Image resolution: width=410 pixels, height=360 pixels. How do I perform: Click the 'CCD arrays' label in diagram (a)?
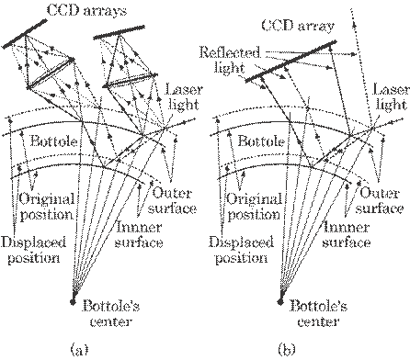[86, 10]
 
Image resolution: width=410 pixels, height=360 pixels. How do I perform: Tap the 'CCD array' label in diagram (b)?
[298, 26]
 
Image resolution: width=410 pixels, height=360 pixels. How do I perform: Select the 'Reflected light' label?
[230, 60]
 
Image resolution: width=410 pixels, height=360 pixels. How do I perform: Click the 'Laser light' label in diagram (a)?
[184, 96]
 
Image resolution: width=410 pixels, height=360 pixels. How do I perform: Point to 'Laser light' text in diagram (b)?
[391, 96]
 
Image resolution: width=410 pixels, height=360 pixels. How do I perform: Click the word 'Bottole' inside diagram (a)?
[54, 141]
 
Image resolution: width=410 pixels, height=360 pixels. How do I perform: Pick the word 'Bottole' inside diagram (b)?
[261, 141]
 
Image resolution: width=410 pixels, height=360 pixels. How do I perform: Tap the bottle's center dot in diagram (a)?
[73, 302]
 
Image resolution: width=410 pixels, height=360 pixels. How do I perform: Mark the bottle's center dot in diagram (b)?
[280, 302]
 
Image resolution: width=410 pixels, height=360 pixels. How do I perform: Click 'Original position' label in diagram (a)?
[47, 207]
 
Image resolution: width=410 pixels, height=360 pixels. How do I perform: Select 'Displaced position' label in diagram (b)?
[241, 250]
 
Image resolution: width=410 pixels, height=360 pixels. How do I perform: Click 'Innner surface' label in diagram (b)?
[347, 235]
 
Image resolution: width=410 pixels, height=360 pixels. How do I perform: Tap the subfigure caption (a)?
[80, 349]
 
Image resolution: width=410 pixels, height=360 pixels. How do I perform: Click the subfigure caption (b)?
[287, 349]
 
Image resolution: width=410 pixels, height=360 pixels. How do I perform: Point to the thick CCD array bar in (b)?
[291, 61]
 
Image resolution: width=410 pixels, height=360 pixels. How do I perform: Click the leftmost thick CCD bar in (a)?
[25, 34]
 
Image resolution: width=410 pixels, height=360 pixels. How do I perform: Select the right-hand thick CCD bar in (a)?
[119, 32]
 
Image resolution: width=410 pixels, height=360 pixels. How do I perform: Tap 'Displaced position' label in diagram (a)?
[34, 250]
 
